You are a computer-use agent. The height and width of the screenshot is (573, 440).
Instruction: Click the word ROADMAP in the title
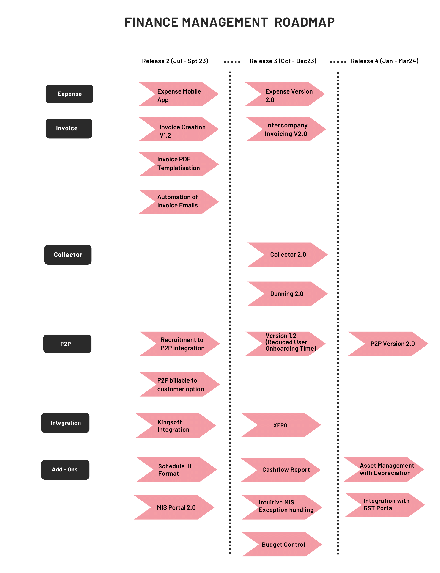pos(304,22)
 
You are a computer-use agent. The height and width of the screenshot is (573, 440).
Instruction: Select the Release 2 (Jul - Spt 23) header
pos(175,61)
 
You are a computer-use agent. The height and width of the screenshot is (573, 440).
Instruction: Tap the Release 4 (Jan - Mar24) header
pos(385,61)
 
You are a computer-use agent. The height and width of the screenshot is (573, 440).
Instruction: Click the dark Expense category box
pos(69,94)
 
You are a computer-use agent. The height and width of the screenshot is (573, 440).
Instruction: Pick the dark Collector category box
pos(68,255)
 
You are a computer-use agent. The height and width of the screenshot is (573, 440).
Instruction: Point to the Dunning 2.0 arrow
pos(287,294)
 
